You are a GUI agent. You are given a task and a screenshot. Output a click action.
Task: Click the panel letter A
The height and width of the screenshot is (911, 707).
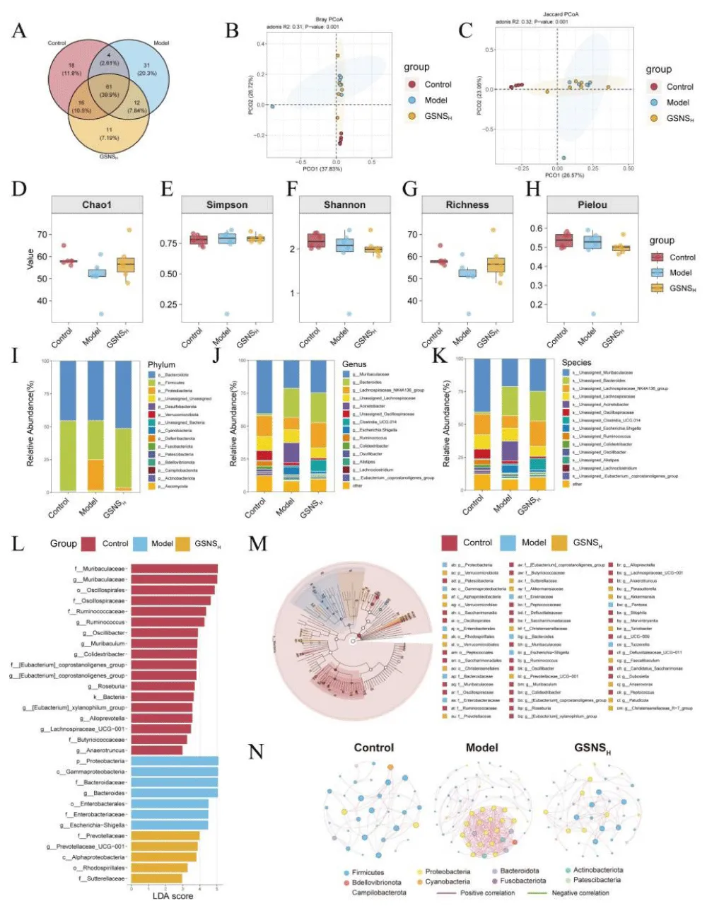pos(19,30)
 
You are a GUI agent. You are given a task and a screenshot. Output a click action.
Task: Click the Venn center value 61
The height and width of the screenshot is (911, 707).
pos(109,86)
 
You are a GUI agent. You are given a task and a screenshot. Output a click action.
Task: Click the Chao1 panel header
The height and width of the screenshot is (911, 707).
pos(97,204)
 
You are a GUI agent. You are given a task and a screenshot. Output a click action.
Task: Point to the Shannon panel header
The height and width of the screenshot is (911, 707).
pos(344,204)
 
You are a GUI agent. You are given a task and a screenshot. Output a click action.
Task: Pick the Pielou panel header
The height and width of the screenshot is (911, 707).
pos(592,204)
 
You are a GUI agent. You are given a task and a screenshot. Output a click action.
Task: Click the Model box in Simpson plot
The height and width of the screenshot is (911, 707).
pos(227,238)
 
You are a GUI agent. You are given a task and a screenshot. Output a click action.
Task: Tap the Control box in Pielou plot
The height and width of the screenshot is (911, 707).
pos(563,241)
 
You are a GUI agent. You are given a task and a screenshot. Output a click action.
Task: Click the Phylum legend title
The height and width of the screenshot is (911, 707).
pos(161,365)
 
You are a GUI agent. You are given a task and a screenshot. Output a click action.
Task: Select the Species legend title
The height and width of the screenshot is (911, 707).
pos(576,362)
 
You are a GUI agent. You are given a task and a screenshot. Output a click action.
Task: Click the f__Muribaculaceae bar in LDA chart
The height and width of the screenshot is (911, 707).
pos(174,569)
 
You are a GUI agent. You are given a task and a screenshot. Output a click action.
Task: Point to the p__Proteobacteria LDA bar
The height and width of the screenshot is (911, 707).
pos(174,761)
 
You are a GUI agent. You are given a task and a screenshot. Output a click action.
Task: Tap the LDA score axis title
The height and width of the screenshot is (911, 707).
pos(173,896)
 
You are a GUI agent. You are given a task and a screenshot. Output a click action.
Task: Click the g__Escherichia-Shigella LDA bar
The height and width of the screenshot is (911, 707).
pos(170,825)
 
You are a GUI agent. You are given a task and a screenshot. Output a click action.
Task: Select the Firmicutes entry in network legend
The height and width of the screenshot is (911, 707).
pos(368,872)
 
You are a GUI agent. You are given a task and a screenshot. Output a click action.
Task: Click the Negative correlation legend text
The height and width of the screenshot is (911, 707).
pos(580,893)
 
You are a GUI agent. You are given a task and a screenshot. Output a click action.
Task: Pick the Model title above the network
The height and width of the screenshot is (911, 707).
pos(482,748)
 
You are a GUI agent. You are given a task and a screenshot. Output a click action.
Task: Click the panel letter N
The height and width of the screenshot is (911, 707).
pos(255,750)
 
